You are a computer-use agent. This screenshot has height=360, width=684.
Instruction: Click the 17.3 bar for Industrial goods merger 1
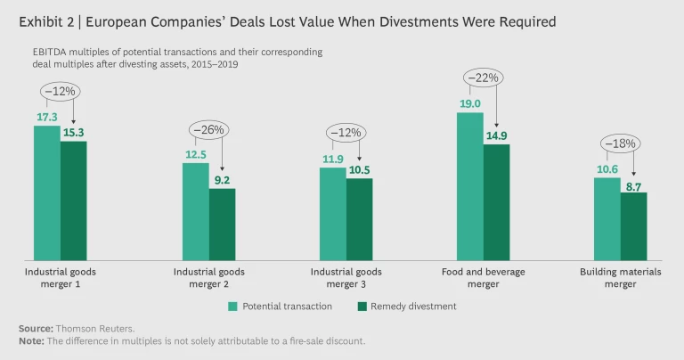pos(47,192)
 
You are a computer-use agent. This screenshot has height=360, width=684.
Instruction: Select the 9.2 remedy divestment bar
pos(223,224)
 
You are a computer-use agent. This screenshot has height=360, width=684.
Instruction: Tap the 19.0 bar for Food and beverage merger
pos(470,185)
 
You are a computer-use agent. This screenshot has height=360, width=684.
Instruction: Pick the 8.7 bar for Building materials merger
pos(633,226)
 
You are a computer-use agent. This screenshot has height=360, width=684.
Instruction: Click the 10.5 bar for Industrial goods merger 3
pos(360,219)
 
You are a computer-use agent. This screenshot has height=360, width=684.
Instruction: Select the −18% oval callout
pos(620,144)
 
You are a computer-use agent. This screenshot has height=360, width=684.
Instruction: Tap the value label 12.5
pos(196,153)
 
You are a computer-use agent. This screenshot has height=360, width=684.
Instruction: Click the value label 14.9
pos(497,135)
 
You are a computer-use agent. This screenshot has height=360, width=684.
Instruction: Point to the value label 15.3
pos(74,132)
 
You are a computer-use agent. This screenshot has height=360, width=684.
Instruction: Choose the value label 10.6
pos(606,168)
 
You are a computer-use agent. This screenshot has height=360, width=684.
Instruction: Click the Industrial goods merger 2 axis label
pos(209,278)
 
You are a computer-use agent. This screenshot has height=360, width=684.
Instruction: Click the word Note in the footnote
pos(30,340)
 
